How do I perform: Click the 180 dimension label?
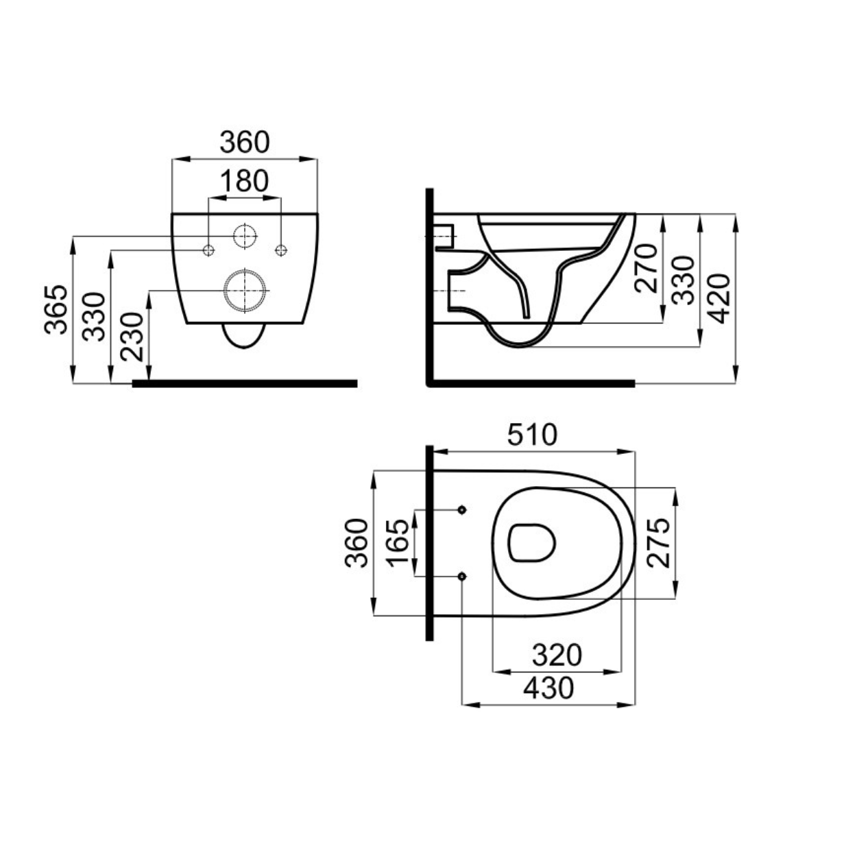click(x=245, y=181)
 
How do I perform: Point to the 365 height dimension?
click(x=56, y=309)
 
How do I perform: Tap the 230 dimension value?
click(x=132, y=337)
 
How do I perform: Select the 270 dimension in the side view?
click(x=646, y=268)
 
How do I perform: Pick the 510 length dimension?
click(x=532, y=435)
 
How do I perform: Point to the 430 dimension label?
click(x=548, y=688)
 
